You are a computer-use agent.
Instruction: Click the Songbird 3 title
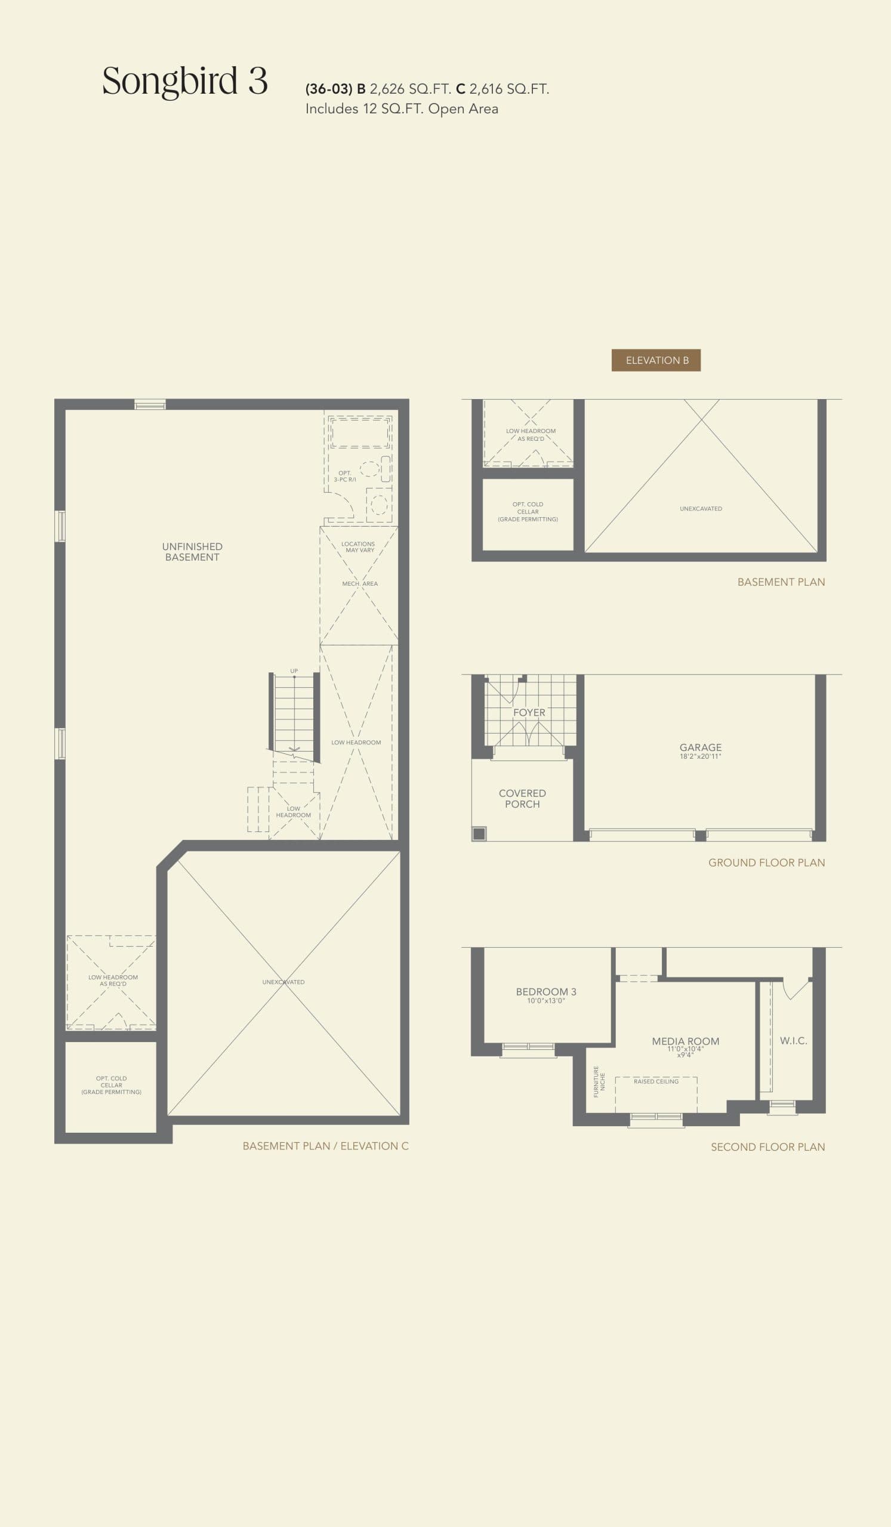(x=184, y=81)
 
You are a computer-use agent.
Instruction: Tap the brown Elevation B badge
(x=656, y=360)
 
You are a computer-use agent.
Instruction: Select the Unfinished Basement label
(x=192, y=551)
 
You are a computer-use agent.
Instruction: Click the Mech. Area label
(x=359, y=583)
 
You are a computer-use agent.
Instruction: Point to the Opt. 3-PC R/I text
(x=345, y=476)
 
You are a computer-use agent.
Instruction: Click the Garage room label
(x=700, y=747)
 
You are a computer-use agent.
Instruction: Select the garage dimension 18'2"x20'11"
(x=700, y=756)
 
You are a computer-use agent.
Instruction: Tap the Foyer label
(x=529, y=713)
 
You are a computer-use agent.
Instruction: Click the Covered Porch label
(x=522, y=799)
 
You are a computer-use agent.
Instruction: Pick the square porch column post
(x=479, y=834)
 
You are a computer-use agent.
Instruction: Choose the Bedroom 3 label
(x=545, y=992)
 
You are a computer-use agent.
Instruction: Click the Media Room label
(x=685, y=1041)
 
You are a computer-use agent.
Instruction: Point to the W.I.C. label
(x=793, y=1040)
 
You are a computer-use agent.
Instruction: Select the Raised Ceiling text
(x=656, y=1081)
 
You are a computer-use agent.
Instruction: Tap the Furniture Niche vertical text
(x=599, y=1081)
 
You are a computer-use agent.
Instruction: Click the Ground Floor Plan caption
(x=766, y=863)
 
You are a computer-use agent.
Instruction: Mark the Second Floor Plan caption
(x=767, y=1146)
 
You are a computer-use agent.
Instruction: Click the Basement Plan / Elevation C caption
(x=325, y=1146)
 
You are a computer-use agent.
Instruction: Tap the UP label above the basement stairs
(x=294, y=671)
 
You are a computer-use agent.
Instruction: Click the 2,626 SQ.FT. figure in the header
(x=411, y=89)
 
